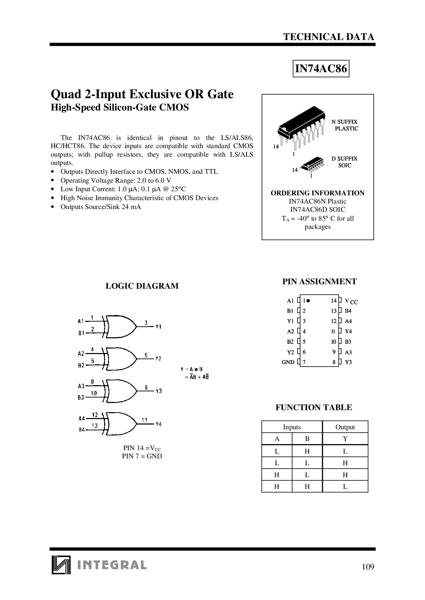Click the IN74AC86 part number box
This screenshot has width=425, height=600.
coord(321,69)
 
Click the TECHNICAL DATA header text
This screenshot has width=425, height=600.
coord(329,37)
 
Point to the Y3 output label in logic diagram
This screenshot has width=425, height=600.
coord(158,391)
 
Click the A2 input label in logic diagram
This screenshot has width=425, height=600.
coord(81,354)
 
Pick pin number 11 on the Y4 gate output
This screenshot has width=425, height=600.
coord(144,420)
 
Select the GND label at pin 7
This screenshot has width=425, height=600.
coord(288,362)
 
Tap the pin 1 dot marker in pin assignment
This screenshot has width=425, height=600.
coord(308,301)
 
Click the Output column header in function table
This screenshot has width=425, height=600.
coord(345,427)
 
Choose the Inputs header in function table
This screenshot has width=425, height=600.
coord(292,427)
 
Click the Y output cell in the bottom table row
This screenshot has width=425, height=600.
coord(345,486)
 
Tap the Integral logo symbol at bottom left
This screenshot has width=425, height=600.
coord(61,564)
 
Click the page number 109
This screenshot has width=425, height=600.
coord(368,567)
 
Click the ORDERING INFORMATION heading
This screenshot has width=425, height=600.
coord(317,193)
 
